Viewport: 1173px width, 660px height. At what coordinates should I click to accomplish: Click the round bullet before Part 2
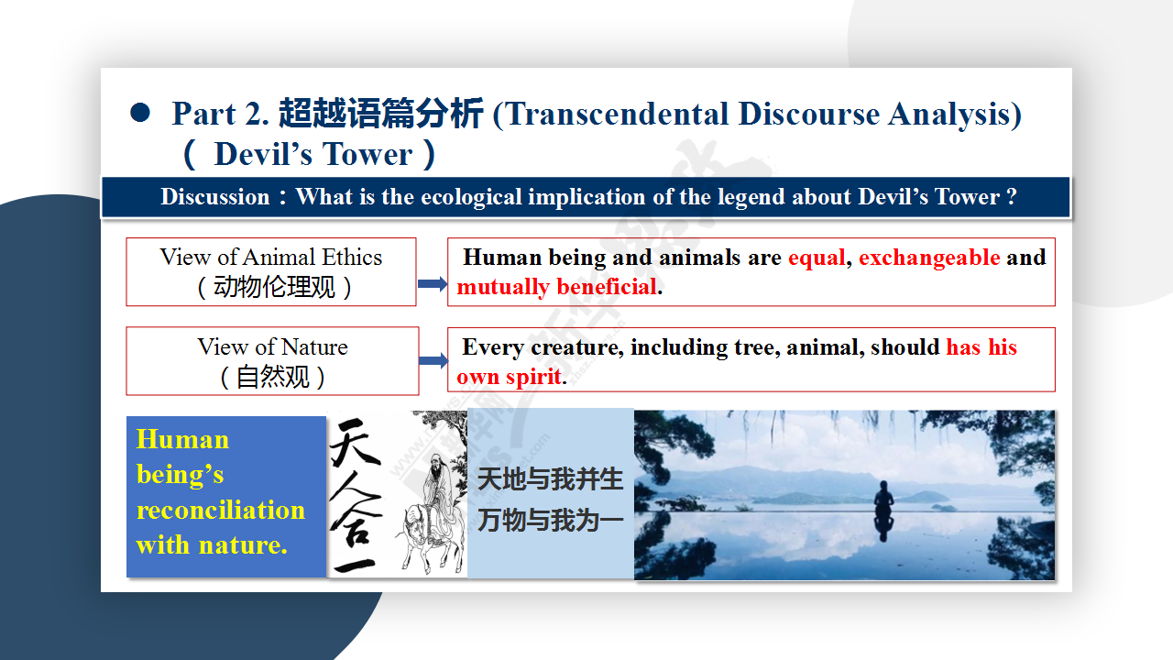pyautogui.click(x=140, y=113)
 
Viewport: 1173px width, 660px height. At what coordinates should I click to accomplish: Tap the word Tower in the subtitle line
pyautogui.click(x=367, y=154)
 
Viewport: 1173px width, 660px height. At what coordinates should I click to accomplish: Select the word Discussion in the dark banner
pyautogui.click(x=214, y=197)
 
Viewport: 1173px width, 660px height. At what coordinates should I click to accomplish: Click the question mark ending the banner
pyautogui.click(x=1011, y=197)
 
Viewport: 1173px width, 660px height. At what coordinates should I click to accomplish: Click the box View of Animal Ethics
pyautogui.click(x=271, y=272)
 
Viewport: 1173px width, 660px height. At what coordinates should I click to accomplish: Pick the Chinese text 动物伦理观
pyautogui.click(x=274, y=287)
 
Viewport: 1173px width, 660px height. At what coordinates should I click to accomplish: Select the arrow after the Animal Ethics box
pyautogui.click(x=433, y=284)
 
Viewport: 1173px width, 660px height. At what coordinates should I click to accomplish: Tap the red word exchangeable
pyautogui.click(x=929, y=258)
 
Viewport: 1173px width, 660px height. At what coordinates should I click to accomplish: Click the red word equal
pyautogui.click(x=817, y=258)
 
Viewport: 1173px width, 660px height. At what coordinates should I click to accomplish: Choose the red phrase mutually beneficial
pyautogui.click(x=556, y=287)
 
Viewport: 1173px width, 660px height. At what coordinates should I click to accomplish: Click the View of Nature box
pyautogui.click(x=272, y=361)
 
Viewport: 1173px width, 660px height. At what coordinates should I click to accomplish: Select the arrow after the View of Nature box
pyautogui.click(x=433, y=360)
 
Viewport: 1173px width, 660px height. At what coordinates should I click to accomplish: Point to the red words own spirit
pyautogui.click(x=509, y=377)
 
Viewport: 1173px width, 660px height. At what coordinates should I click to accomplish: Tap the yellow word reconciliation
pyautogui.click(x=221, y=510)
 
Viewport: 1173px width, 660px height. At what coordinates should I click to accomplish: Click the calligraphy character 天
pyautogui.click(x=354, y=443)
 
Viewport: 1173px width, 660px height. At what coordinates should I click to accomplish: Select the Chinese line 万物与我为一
pyautogui.click(x=551, y=520)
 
